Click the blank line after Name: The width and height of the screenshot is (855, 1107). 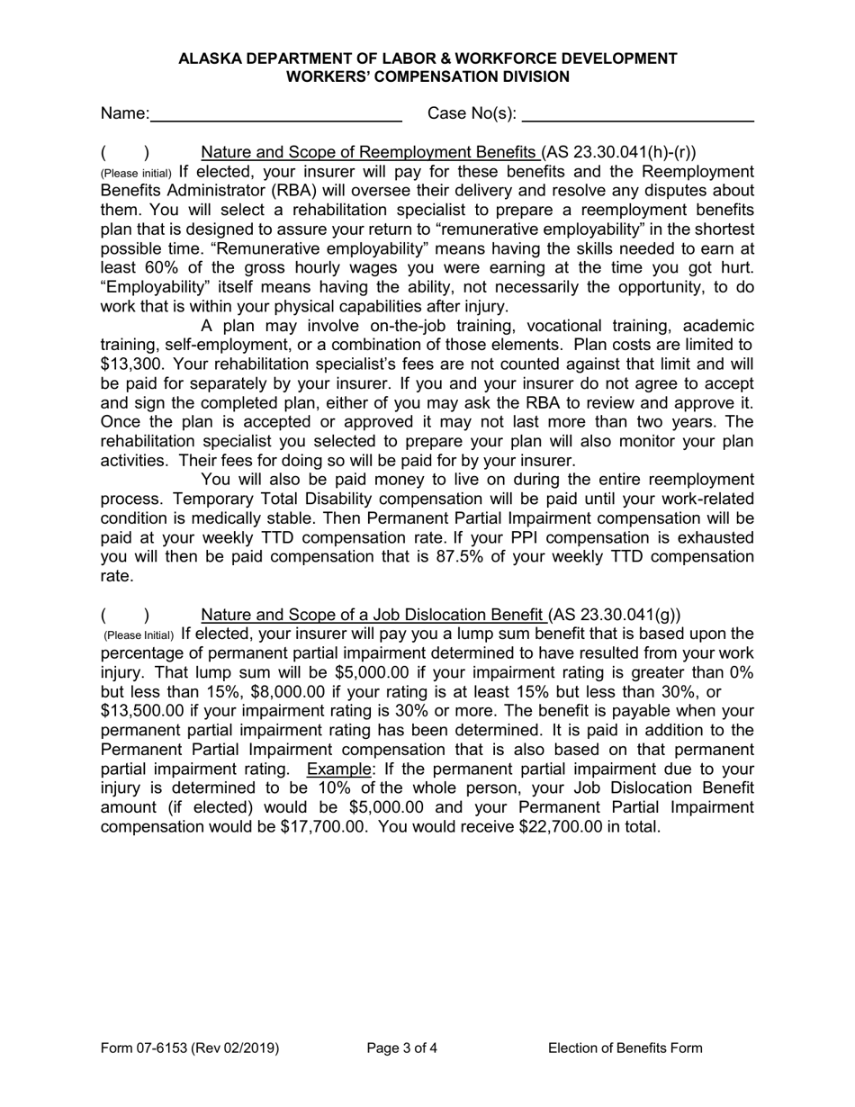point(276,114)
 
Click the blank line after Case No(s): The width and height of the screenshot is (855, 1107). point(637,114)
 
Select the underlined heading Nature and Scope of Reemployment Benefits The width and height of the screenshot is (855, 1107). point(370,152)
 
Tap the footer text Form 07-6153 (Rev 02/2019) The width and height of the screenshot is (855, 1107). point(190,1048)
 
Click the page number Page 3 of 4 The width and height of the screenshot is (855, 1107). point(402,1048)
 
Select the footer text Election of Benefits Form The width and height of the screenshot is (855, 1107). point(625,1048)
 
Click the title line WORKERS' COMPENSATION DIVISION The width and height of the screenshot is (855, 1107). point(427,76)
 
